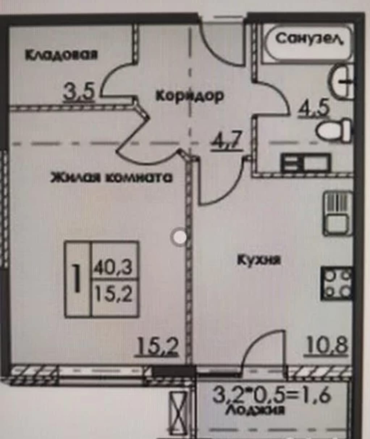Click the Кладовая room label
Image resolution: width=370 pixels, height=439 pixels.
pyautogui.click(x=62, y=55)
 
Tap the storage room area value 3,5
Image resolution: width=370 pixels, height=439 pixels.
pyautogui.click(x=79, y=93)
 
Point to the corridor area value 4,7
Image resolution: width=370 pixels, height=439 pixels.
pyautogui.click(x=227, y=140)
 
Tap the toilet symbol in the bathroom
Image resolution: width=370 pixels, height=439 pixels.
pyautogui.click(x=334, y=131)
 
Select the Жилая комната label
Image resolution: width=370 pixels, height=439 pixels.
pyautogui.click(x=112, y=178)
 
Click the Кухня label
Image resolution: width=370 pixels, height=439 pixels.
pyautogui.click(x=259, y=261)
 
